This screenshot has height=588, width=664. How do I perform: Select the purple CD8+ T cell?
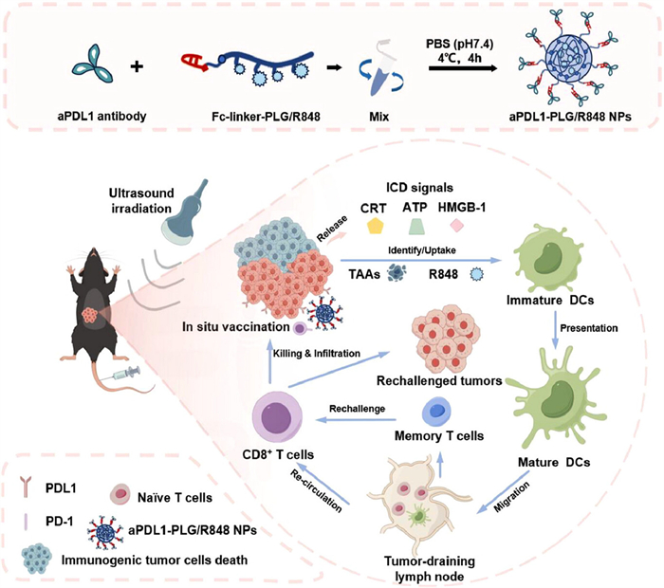click(279, 420)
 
